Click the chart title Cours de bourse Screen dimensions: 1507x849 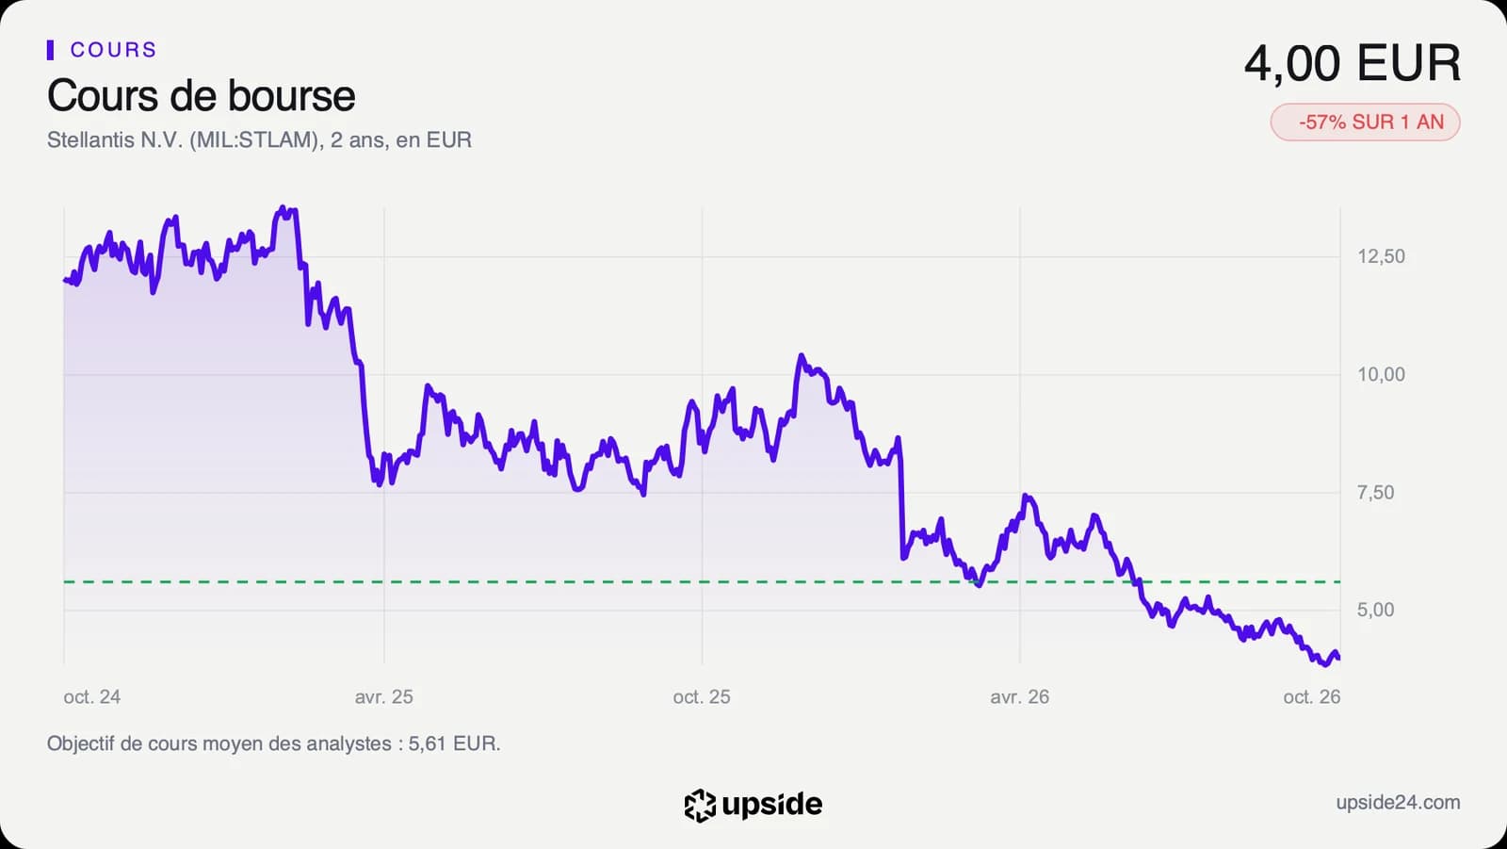coord(202,95)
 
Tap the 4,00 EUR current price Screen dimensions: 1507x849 coord(1353,63)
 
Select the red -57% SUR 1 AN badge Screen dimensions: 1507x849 coord(1365,122)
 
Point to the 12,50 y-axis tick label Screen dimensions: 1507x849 coord(1381,256)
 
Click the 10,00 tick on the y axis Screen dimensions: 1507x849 coord(1381,374)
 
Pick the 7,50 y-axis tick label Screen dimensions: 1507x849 coord(1376,492)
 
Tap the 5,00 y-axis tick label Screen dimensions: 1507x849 coord(1376,610)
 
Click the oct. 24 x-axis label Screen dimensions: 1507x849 coord(92,697)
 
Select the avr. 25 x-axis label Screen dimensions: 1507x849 coord(384,697)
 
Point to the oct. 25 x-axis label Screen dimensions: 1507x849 coord(702,697)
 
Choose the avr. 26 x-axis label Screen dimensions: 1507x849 coord(1020,697)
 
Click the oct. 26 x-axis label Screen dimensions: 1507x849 coord(1312,697)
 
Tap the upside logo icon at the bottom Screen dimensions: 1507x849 coord(700,806)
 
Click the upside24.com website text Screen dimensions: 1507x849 coord(1398,803)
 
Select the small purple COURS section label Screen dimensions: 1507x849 coord(114,50)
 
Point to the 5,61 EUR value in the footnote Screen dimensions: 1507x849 coord(452,744)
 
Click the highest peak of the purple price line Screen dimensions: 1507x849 coord(282,208)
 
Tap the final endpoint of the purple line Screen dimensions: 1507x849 coord(1338,658)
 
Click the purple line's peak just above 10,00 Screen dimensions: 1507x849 coord(801,355)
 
